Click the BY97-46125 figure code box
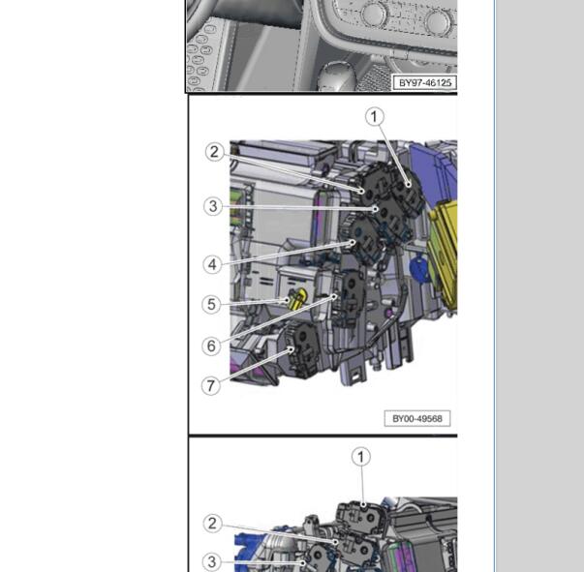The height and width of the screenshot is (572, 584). [x=425, y=82]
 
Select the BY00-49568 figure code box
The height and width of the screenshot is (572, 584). [x=417, y=419]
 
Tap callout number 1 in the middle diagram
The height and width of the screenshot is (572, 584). [x=374, y=117]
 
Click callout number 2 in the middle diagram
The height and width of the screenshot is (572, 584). [x=215, y=152]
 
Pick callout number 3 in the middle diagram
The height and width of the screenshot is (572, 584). [x=213, y=206]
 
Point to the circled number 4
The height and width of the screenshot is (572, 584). [x=212, y=264]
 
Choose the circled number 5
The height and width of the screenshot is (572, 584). [x=211, y=305]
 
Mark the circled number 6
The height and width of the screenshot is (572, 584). [x=211, y=346]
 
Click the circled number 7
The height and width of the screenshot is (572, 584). [x=211, y=385]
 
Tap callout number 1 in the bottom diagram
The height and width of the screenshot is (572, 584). [x=361, y=457]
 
